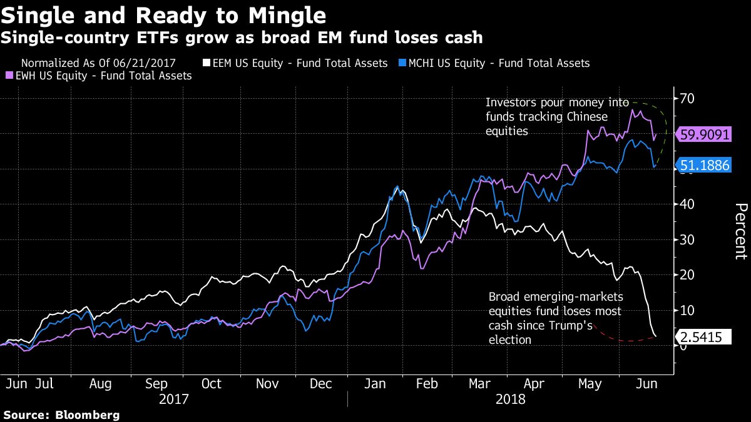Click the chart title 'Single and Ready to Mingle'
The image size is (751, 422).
click(165, 15)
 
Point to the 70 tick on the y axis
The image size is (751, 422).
click(688, 99)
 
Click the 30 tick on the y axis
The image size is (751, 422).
click(688, 239)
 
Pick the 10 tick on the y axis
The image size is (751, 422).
click(688, 310)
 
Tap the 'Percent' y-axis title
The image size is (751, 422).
click(740, 231)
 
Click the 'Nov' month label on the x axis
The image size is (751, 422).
click(267, 384)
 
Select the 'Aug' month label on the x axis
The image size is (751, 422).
click(100, 384)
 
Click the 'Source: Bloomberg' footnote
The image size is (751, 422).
click(61, 414)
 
